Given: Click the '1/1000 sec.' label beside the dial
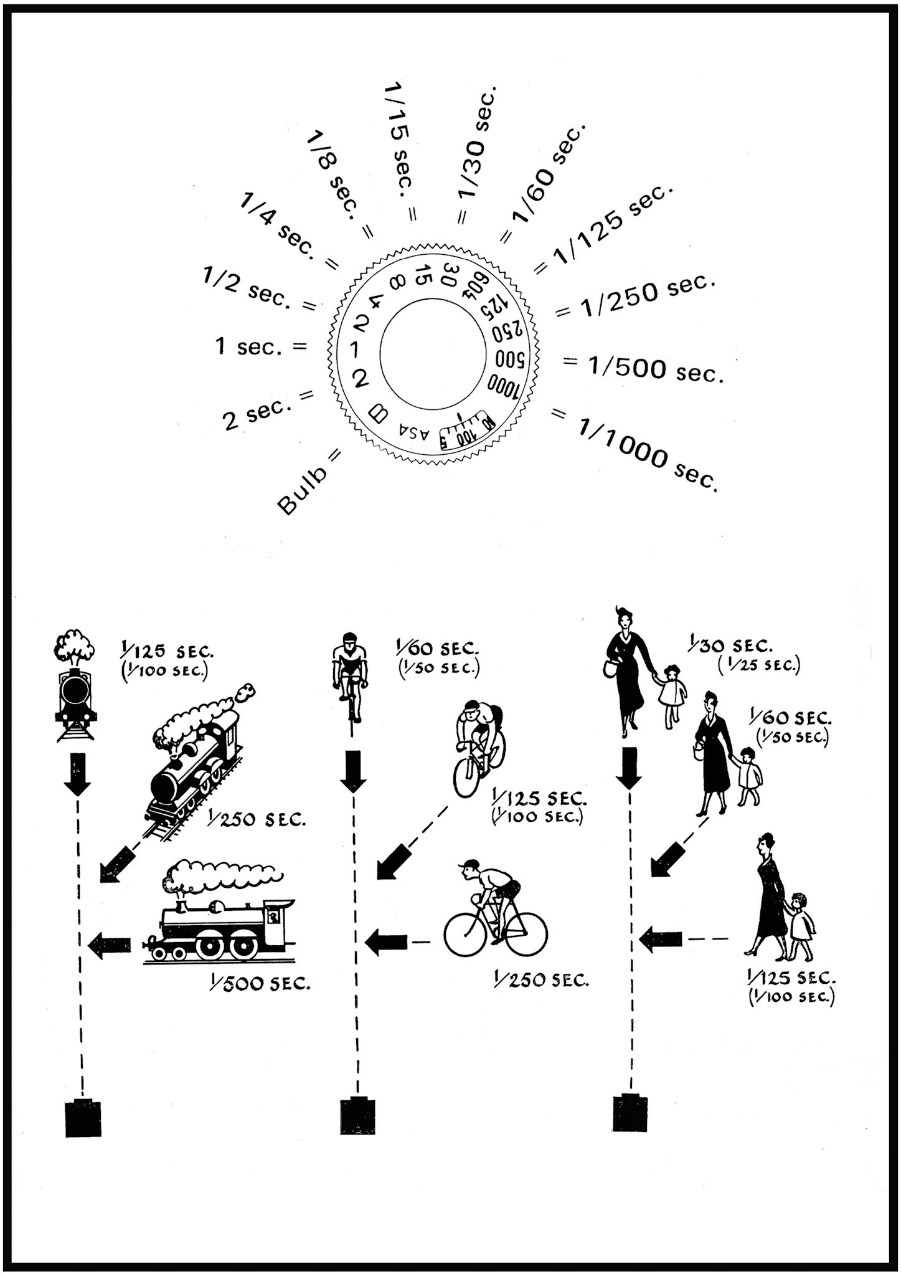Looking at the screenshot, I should (x=648, y=454).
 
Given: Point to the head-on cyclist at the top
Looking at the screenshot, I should (x=351, y=675).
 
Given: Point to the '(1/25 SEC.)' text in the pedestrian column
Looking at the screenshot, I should (x=758, y=665).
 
